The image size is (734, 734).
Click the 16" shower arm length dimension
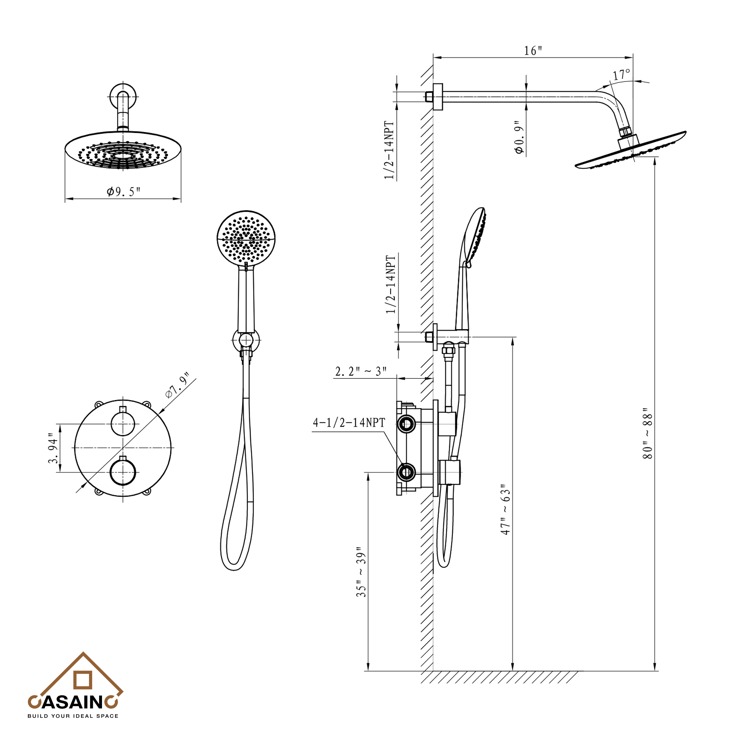tap(533, 51)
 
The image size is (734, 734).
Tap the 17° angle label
tap(622, 74)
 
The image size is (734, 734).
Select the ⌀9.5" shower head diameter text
tap(123, 192)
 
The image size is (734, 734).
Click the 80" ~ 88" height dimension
tap(647, 433)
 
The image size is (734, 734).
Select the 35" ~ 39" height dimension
tap(361, 572)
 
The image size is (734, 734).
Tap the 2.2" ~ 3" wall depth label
tap(360, 371)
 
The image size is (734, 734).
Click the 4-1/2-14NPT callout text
tap(349, 423)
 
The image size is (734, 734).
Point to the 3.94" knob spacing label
tap(54, 448)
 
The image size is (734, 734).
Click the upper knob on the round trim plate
tap(123, 424)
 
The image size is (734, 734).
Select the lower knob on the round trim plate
tap(123, 472)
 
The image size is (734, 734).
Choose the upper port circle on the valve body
tap(406, 424)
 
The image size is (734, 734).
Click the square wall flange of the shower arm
tap(438, 97)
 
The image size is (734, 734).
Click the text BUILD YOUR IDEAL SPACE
tap(73, 716)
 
